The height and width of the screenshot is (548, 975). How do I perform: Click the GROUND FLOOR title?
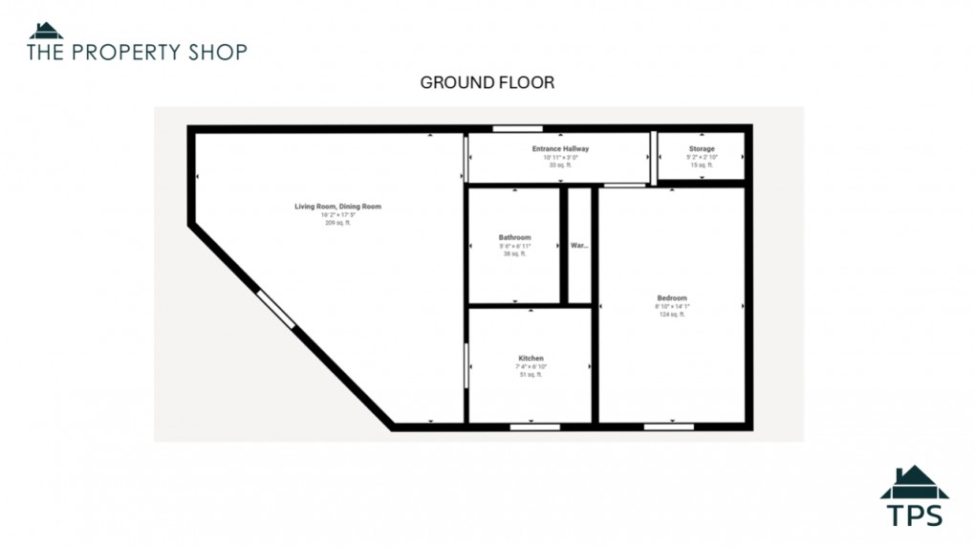click(x=487, y=83)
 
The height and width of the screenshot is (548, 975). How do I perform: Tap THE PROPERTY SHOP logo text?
click(x=137, y=52)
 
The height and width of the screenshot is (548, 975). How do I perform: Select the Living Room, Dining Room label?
click(x=337, y=207)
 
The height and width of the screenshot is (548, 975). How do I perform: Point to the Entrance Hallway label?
click(x=560, y=149)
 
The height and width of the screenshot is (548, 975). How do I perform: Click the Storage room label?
click(x=701, y=149)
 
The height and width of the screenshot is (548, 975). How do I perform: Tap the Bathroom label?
click(x=514, y=237)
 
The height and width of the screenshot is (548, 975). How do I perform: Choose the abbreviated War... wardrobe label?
click(x=579, y=246)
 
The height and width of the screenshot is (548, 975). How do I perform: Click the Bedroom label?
click(x=671, y=297)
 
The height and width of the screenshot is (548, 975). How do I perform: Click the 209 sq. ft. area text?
click(x=337, y=223)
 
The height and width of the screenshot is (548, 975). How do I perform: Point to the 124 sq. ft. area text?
click(x=671, y=314)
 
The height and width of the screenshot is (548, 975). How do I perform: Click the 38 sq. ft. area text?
click(x=514, y=253)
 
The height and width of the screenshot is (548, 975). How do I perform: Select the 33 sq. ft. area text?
click(x=560, y=165)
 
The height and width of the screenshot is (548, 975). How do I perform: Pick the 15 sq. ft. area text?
click(x=701, y=165)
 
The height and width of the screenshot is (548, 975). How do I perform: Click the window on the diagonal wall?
click(x=276, y=309)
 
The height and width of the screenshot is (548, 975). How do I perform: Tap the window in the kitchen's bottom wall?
click(x=534, y=427)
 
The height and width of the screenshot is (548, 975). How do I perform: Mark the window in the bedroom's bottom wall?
click(x=668, y=427)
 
